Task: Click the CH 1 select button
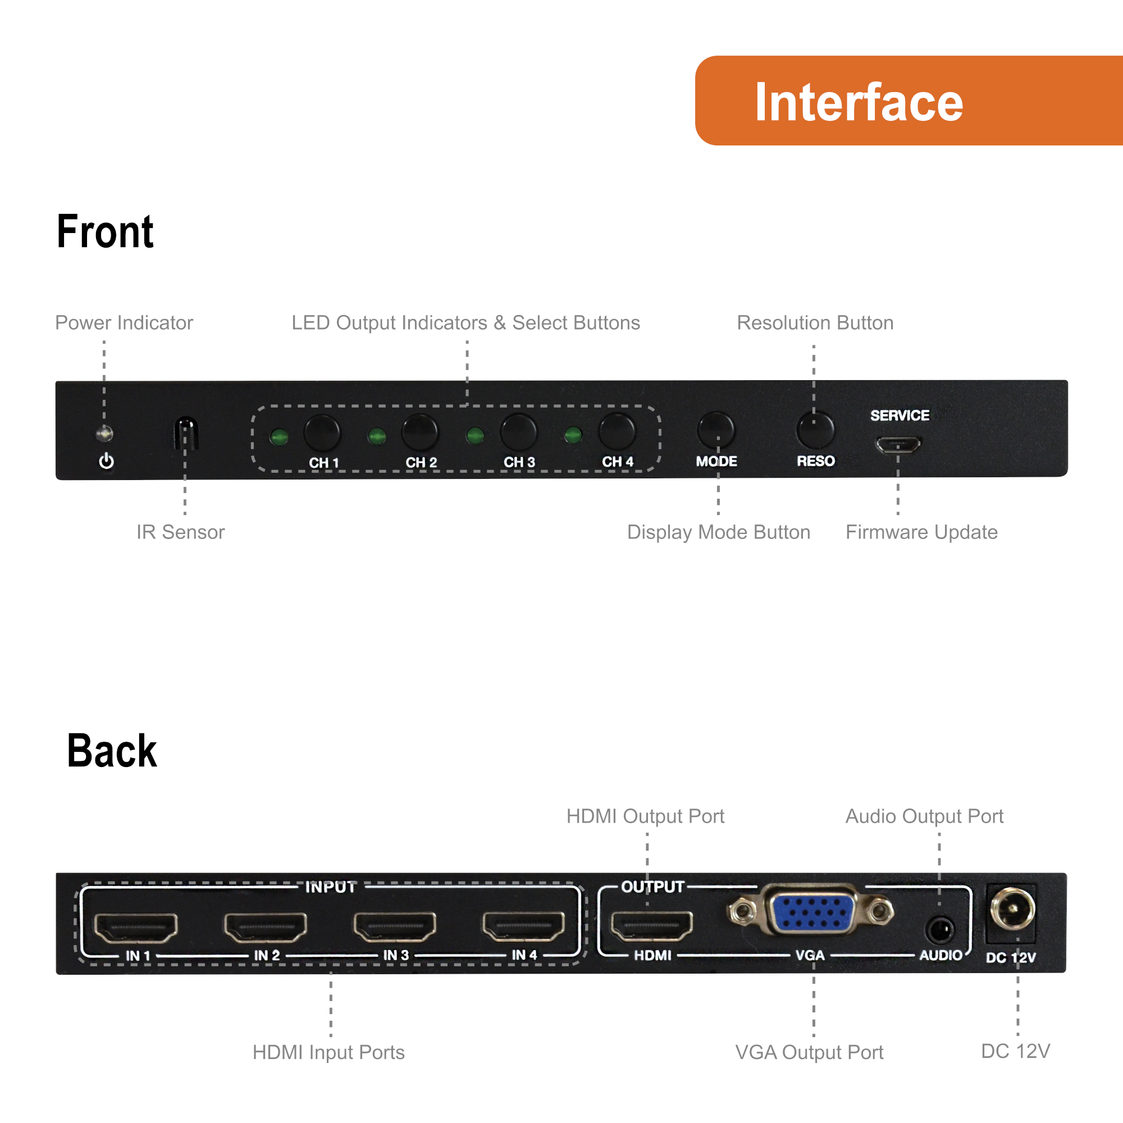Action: (x=322, y=433)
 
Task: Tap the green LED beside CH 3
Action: (x=475, y=435)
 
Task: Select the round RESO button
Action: (x=815, y=431)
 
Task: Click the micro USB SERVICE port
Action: (x=898, y=445)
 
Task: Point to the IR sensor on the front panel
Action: (x=186, y=433)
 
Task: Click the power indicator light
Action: (x=104, y=433)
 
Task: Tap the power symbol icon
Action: (x=106, y=461)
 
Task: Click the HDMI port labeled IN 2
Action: (x=265, y=926)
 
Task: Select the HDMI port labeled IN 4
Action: (x=523, y=926)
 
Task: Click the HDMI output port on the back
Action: (x=651, y=926)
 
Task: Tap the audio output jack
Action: (x=939, y=930)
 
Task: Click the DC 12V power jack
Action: (x=1012, y=910)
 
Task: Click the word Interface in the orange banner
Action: (x=859, y=102)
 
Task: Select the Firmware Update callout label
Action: (x=921, y=532)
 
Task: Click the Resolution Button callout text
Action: (x=815, y=323)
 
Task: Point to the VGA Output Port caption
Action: (x=809, y=1052)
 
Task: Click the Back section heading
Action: (x=112, y=750)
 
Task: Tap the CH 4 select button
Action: (x=617, y=432)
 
